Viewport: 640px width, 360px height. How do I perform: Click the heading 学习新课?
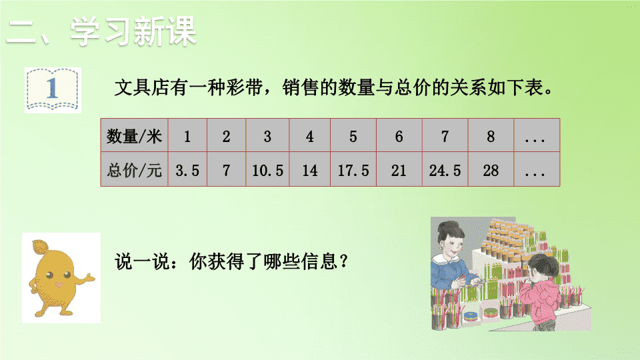[133, 31]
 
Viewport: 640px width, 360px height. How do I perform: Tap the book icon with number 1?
[53, 90]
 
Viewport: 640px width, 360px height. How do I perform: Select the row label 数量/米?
[134, 136]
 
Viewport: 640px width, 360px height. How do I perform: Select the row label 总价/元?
[134, 170]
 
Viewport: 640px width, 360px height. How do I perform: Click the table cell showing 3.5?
[187, 170]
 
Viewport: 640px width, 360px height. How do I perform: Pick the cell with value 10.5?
[267, 170]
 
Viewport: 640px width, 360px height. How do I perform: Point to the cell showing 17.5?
[353, 170]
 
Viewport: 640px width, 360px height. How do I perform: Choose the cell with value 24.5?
[445, 170]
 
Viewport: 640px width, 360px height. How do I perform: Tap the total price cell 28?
[491, 170]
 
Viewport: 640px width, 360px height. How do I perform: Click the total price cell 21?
[399, 170]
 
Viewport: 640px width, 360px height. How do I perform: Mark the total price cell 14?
[310, 170]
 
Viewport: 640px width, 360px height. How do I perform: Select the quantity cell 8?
[491, 136]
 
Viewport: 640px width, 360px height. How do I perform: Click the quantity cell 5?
[353, 136]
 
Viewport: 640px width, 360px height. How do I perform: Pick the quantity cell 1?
[187, 136]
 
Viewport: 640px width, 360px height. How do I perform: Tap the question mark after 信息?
[343, 261]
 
